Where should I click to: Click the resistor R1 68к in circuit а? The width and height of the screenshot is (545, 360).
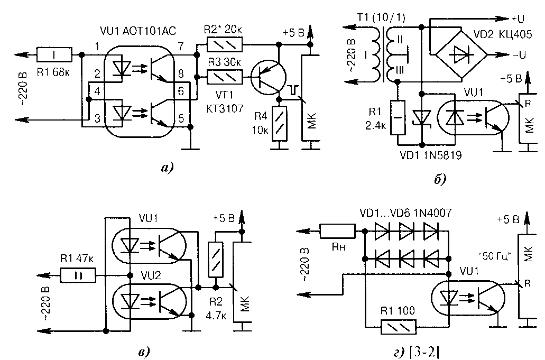[x=54, y=54]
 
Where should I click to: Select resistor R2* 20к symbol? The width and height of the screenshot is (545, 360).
[x=225, y=44]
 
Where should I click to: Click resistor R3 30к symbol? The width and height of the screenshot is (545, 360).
[x=225, y=78]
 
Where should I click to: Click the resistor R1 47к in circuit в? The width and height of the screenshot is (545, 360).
[x=78, y=275]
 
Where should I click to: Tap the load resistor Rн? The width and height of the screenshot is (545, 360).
[x=337, y=232]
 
